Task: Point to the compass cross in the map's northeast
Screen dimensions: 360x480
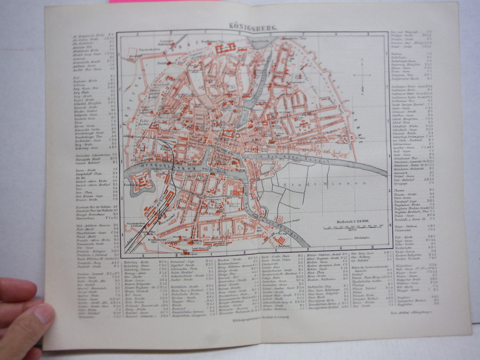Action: pos(362,76)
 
